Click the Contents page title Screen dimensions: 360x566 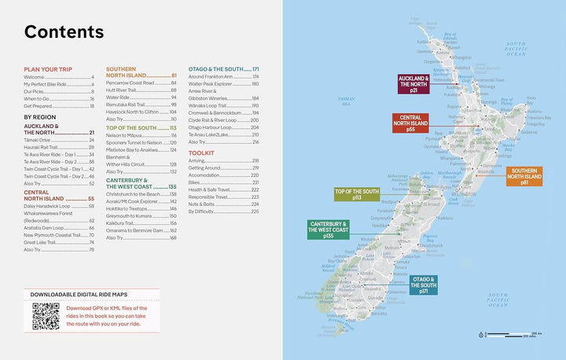64,32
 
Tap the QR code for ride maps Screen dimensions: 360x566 46,316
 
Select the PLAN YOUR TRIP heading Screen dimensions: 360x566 50,70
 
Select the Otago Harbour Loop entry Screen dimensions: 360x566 209,127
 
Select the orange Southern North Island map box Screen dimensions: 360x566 526,177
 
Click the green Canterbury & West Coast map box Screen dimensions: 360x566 329,229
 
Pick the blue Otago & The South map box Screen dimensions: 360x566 424,285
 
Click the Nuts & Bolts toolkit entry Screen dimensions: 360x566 203,204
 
